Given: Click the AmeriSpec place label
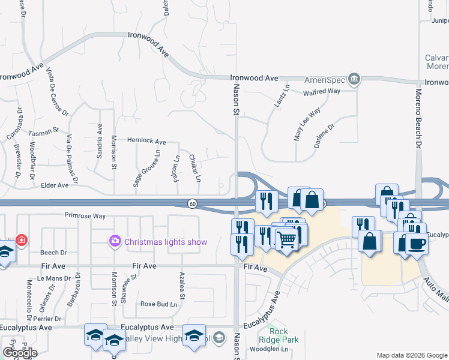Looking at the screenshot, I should click(324, 79).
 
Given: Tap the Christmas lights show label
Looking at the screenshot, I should click(165, 242).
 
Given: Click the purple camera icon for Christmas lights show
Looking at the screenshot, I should click(114, 241).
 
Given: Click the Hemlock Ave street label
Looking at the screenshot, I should click(146, 141).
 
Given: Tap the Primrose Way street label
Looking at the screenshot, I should click(85, 215).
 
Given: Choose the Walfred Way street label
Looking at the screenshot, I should click(322, 91).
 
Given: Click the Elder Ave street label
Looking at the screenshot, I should click(55, 186).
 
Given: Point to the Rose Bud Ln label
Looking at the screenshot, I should click(159, 304).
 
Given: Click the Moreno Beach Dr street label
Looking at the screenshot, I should click(419, 118).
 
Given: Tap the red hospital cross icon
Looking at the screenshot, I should click(22, 240).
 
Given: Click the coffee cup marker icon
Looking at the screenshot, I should click(415, 244).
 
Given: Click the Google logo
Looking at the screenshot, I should click(20, 353).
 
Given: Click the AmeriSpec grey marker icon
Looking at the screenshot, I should click(354, 79).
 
